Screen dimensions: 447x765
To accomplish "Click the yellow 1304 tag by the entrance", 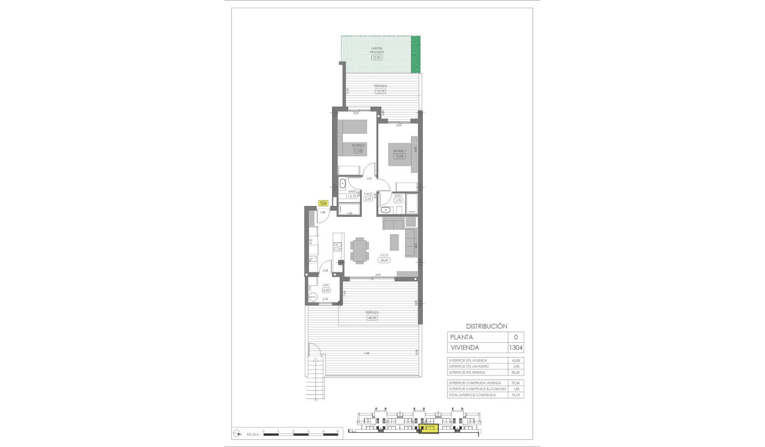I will [323, 204].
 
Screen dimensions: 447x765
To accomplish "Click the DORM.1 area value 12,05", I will [399, 157].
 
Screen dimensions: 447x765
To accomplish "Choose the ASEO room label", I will [399, 195].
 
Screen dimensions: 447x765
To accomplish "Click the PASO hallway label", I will [368, 194].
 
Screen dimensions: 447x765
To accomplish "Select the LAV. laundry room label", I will [326, 286].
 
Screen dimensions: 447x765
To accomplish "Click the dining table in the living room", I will [359, 250].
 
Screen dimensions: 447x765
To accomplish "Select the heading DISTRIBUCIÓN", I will [486, 326].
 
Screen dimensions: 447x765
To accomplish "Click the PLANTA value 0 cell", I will [515, 337].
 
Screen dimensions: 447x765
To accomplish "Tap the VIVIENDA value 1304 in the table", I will [515, 348].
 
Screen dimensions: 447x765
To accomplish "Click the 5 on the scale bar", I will [337, 432].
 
